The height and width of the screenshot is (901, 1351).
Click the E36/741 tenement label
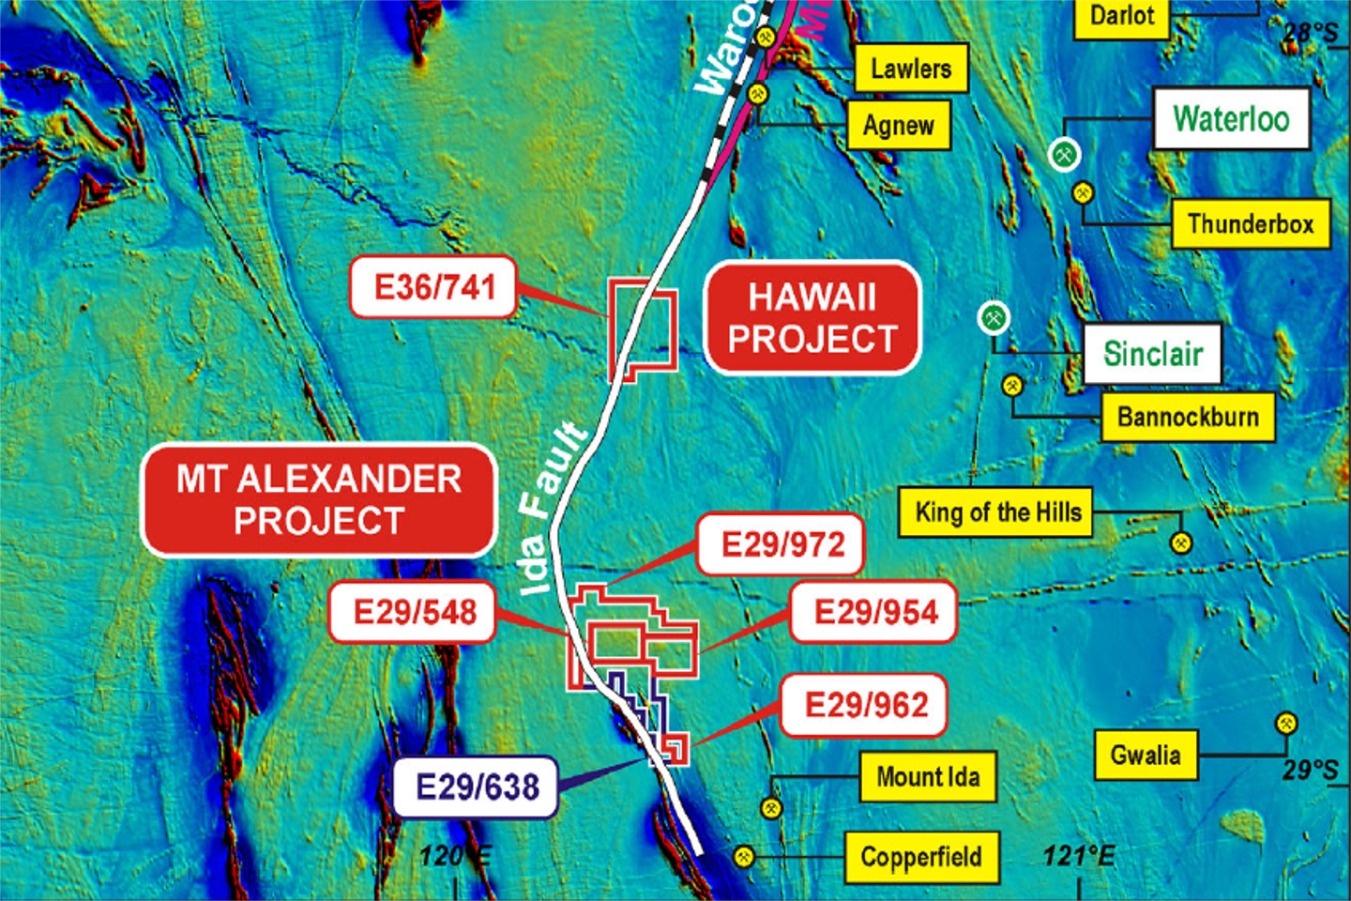(x=433, y=287)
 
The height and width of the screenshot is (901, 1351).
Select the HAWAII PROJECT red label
(x=812, y=318)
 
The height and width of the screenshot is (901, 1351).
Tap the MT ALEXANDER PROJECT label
(x=319, y=500)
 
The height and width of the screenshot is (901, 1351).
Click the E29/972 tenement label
(x=782, y=544)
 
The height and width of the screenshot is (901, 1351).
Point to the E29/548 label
(x=414, y=613)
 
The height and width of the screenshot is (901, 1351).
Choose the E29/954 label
(x=874, y=613)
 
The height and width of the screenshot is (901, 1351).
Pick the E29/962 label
(x=865, y=705)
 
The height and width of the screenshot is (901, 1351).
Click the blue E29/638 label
(x=477, y=786)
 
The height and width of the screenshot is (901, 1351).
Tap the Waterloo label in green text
(x=1231, y=119)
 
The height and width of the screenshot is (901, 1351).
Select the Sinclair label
(x=1152, y=354)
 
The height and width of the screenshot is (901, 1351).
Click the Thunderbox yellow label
(x=1251, y=224)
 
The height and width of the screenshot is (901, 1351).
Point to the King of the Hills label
(x=996, y=512)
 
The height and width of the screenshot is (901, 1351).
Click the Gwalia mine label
(x=1146, y=756)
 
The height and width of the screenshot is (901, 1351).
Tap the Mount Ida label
(x=928, y=777)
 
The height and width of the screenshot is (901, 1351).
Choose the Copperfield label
(x=921, y=857)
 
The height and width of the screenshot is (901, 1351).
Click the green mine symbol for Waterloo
(x=1064, y=154)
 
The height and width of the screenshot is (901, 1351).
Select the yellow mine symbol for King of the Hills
(x=1181, y=542)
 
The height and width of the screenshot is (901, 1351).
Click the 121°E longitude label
(x=1079, y=856)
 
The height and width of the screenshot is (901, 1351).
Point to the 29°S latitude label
(x=1310, y=771)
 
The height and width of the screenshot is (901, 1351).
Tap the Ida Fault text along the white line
(x=554, y=508)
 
